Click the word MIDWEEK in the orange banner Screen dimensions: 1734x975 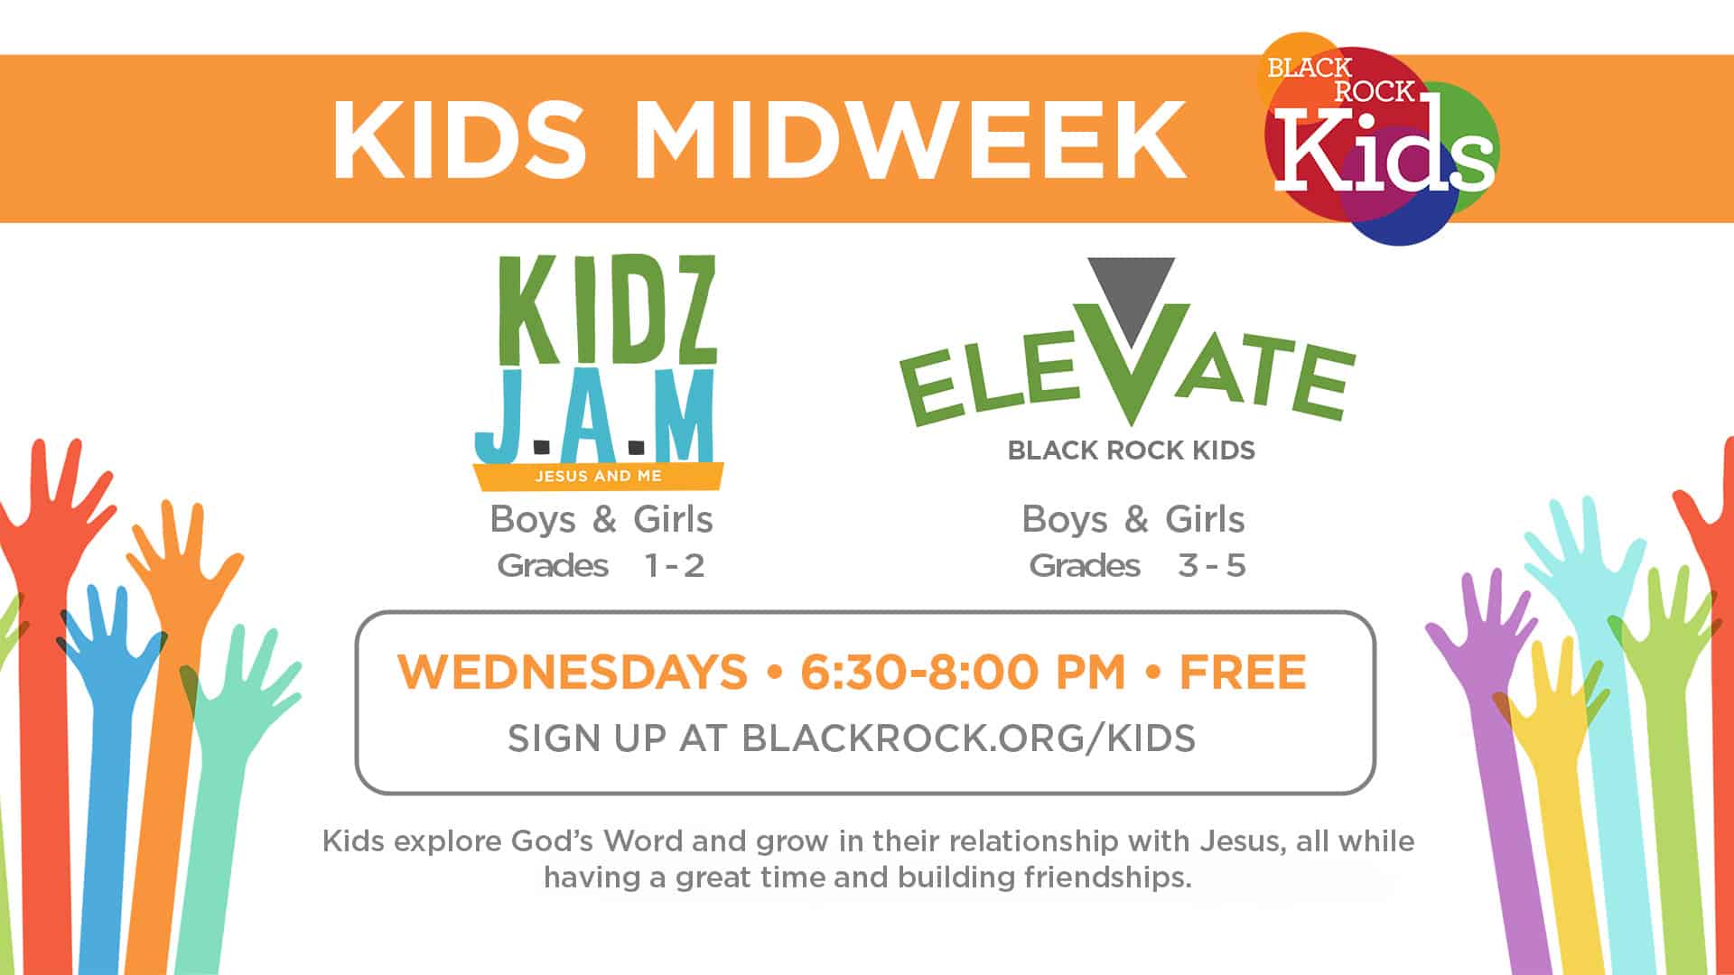tap(910, 140)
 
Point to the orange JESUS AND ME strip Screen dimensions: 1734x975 tap(598, 476)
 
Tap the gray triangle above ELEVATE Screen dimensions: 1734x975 tap(1131, 287)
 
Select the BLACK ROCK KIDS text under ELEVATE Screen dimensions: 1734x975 tap(1131, 450)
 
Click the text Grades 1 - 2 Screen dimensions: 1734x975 tap(601, 566)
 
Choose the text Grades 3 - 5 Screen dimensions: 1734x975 tap(1137, 566)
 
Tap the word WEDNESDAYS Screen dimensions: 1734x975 tap(573, 672)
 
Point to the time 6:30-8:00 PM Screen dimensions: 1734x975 tap(963, 672)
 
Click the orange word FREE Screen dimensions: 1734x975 tap(1243, 672)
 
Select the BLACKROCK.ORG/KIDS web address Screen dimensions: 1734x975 tap(968, 738)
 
